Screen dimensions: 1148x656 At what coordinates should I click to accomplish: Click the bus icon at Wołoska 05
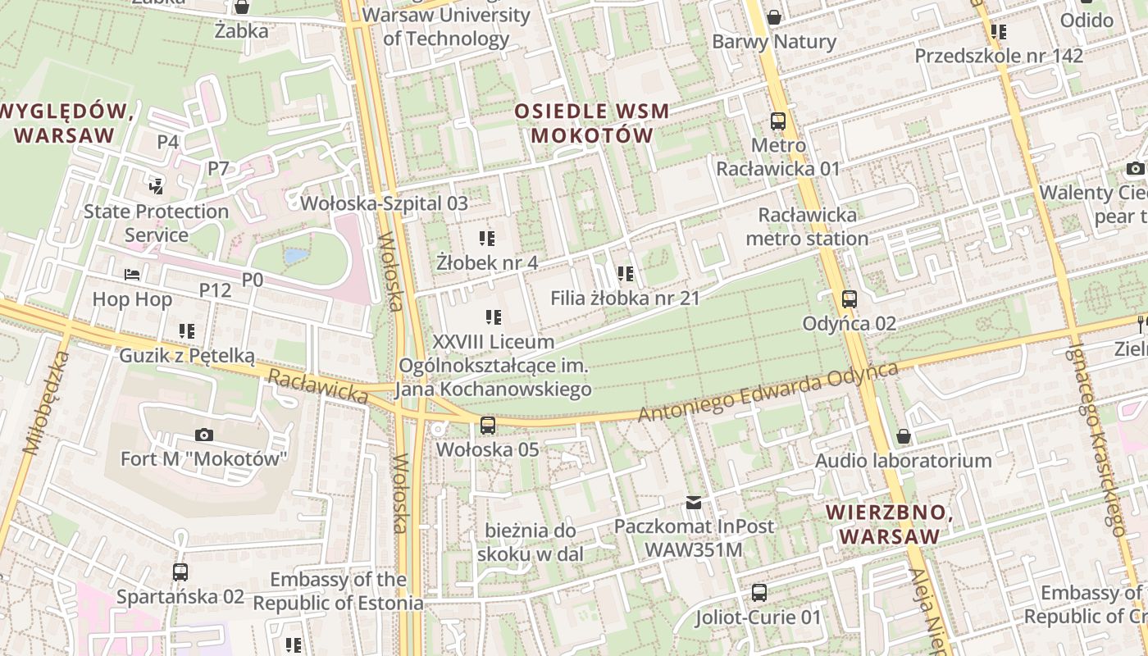coord(488,425)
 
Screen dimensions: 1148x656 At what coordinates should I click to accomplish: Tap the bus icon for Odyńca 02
coord(850,299)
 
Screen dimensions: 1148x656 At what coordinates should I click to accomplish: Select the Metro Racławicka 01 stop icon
coord(778,121)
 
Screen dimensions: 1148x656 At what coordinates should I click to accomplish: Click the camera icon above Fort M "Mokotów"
coord(204,435)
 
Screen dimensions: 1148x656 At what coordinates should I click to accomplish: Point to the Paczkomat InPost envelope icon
coord(694,502)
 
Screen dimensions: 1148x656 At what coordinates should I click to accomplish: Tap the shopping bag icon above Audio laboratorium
coord(903,435)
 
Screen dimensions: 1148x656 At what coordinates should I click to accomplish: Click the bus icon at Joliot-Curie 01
coord(759,592)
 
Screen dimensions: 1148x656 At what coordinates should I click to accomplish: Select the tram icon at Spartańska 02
coord(180,572)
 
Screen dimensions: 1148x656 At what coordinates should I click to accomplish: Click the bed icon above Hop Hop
coord(132,274)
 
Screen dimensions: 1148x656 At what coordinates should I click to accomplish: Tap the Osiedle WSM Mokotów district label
coord(592,123)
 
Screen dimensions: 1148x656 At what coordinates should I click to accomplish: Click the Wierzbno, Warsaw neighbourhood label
coord(890,525)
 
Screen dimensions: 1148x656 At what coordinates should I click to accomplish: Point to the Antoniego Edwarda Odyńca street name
coord(768,392)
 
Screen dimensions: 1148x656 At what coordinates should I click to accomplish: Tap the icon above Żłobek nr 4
coord(487,239)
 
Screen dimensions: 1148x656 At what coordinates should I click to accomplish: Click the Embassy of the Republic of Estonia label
coord(338,591)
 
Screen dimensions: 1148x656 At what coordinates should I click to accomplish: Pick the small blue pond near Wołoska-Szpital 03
coord(295,256)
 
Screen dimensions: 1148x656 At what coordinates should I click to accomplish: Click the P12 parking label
coord(216,290)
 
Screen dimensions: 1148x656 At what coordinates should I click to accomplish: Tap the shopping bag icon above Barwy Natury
coord(773,17)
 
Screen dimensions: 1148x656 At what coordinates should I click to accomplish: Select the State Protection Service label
coord(156,223)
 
